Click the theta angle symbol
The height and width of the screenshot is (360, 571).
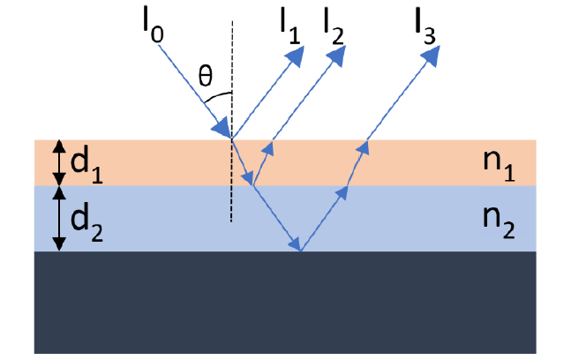click(205, 77)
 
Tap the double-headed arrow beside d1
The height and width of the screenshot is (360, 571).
click(58, 161)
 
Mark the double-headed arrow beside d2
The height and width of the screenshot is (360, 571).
click(58, 218)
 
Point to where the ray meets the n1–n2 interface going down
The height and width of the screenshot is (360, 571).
click(253, 185)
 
